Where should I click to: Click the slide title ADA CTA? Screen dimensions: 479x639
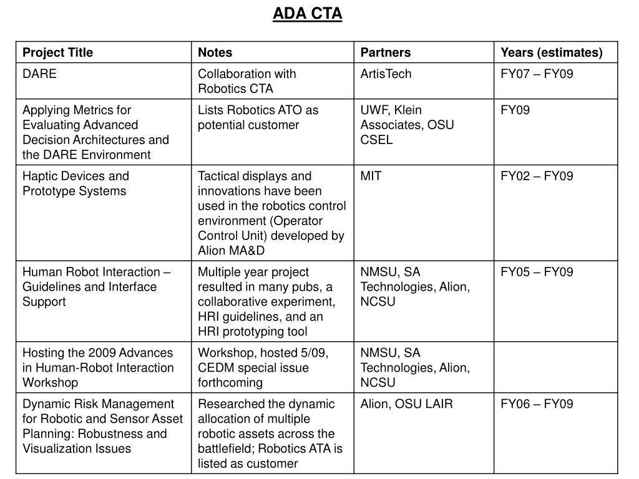(x=307, y=13)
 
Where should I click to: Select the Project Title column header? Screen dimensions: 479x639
(x=57, y=52)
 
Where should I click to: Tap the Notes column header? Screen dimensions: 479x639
(x=215, y=52)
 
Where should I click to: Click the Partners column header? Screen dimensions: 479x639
(x=385, y=52)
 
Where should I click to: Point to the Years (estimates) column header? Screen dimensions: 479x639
(x=551, y=52)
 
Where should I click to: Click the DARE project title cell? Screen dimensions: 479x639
(x=39, y=74)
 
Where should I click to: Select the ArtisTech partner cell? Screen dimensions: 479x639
(x=386, y=74)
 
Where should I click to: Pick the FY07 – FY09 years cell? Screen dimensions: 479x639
(x=536, y=74)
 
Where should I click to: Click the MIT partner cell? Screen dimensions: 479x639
(x=371, y=176)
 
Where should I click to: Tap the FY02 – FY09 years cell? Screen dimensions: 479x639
(x=536, y=176)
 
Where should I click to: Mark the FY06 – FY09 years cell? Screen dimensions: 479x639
(x=536, y=404)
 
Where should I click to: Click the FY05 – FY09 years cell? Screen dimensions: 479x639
(x=536, y=272)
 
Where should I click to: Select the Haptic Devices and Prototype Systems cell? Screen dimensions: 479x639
(x=76, y=183)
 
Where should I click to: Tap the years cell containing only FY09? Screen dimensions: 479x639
(x=515, y=110)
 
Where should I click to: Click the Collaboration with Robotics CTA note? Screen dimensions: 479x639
(x=246, y=81)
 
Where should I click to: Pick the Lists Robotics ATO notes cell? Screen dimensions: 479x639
(x=258, y=117)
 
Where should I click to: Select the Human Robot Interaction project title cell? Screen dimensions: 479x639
(x=97, y=287)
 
